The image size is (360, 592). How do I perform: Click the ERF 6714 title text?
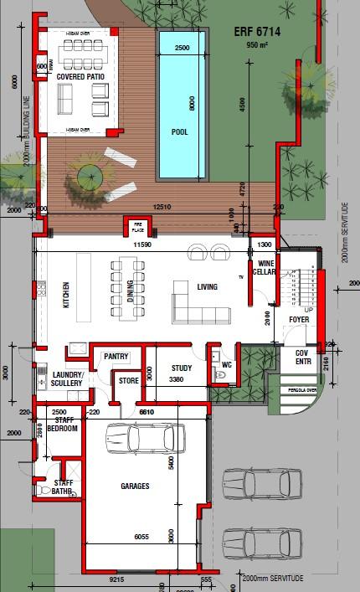258,31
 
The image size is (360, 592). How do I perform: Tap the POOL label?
179,132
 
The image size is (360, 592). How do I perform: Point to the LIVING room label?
208,287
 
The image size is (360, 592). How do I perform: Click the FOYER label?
299,320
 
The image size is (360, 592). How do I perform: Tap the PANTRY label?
116,357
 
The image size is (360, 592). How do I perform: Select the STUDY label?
182,368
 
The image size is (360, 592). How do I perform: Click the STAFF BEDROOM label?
63,425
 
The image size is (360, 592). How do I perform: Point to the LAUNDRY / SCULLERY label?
66,379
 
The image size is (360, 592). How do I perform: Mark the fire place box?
135,227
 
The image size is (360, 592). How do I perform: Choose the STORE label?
128,381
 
